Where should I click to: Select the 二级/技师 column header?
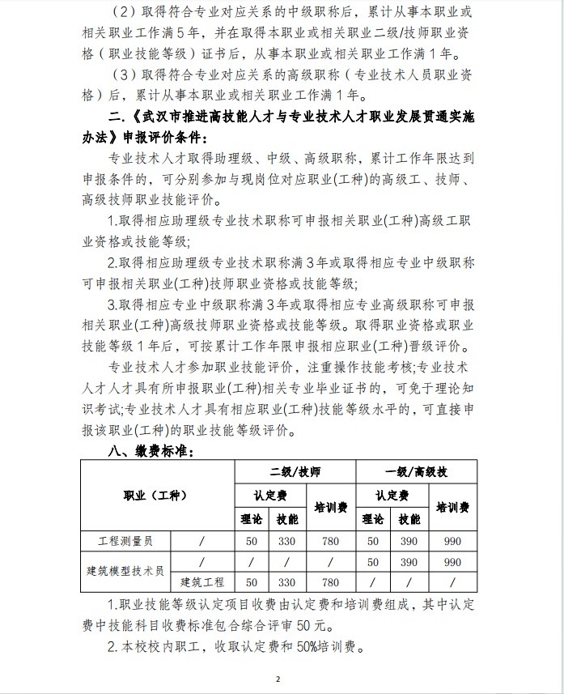click(x=294, y=471)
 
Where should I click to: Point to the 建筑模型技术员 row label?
click(x=125, y=572)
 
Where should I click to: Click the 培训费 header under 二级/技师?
click(x=329, y=507)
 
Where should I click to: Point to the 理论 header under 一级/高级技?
click(x=373, y=519)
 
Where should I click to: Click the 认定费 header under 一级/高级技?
click(x=392, y=495)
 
